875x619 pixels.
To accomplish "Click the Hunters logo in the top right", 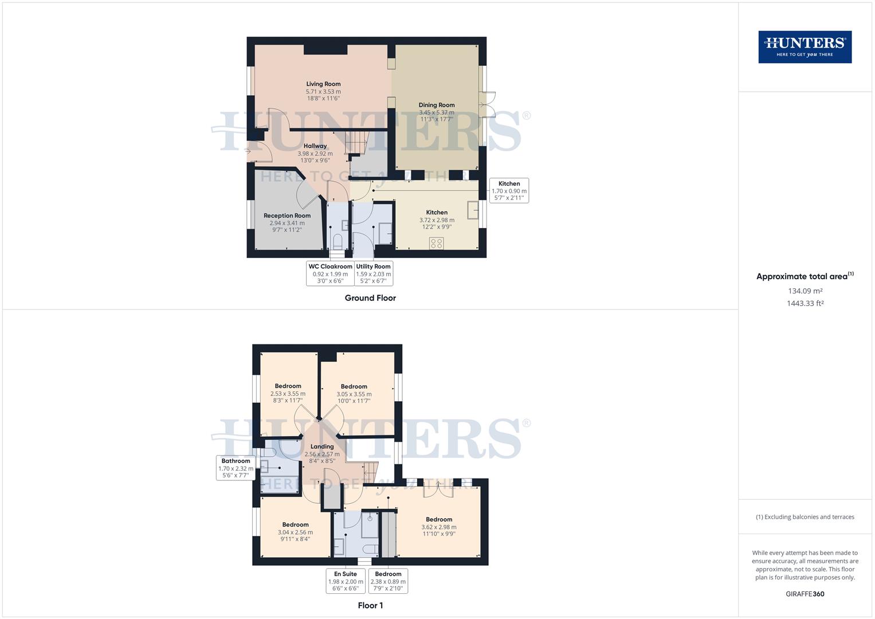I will click(x=805, y=47).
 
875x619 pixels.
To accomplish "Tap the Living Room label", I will click(x=323, y=84).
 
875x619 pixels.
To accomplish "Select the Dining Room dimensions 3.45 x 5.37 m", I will click(x=436, y=112).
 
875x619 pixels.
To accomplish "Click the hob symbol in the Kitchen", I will click(x=436, y=243).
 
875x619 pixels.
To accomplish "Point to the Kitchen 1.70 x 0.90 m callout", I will click(x=509, y=191).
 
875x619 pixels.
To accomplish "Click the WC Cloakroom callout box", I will click(x=330, y=273).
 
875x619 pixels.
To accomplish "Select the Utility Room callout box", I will click(x=373, y=273).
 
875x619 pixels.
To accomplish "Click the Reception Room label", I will click(x=287, y=216).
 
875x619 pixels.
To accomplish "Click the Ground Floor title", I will click(x=370, y=298).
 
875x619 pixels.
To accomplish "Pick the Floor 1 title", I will click(x=370, y=605).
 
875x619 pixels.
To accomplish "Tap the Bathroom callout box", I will click(x=236, y=468).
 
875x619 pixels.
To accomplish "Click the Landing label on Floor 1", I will click(x=322, y=446).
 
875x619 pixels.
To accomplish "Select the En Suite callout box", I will click(x=346, y=581).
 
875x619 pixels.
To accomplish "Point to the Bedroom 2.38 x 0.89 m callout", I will click(x=388, y=581).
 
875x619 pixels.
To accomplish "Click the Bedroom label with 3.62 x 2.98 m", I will click(x=439, y=519).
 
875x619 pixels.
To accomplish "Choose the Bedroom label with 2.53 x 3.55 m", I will click(x=288, y=386).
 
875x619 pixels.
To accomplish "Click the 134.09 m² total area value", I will click(x=805, y=291).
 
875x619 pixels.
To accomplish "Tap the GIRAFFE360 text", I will click(x=805, y=594).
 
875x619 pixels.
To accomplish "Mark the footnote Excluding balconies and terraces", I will click(x=805, y=517).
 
